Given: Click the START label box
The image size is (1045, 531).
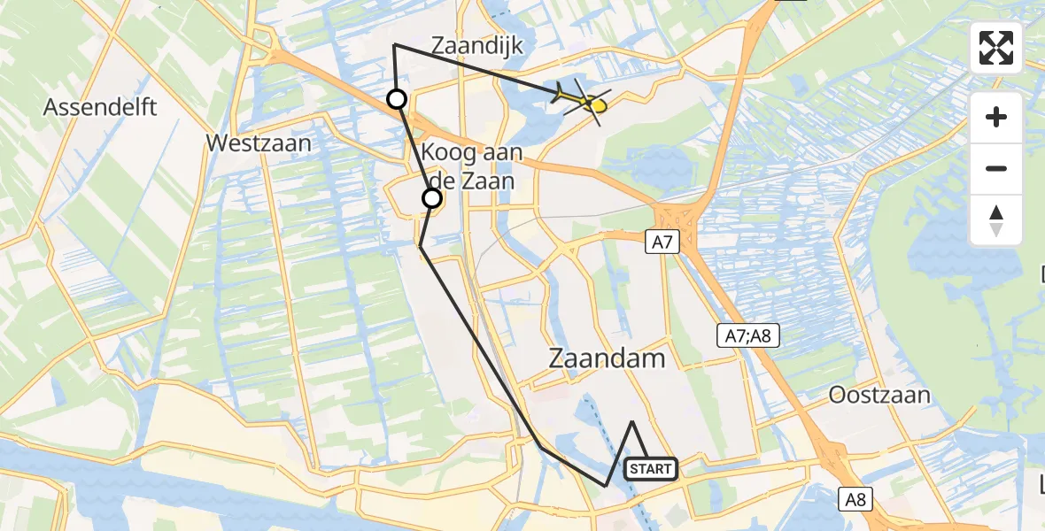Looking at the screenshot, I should click(652, 468).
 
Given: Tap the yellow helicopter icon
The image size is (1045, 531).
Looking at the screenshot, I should click(585, 103).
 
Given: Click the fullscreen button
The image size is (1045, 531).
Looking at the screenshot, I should click(996, 48).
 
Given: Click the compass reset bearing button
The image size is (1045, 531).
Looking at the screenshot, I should click(996, 220).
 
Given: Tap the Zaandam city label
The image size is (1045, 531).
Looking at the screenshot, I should click(607, 358).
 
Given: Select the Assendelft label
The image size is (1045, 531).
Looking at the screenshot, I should click(100, 108).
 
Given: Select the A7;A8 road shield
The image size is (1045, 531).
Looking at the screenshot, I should click(747, 335).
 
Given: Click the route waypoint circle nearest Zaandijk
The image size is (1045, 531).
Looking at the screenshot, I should click(397, 98).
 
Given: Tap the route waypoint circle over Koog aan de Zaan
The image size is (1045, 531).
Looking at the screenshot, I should click(432, 198).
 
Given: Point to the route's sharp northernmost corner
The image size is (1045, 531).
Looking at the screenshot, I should click(394, 44).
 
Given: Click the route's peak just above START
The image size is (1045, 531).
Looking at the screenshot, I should click(632, 422).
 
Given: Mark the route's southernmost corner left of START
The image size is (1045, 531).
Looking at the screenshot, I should click(606, 486).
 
